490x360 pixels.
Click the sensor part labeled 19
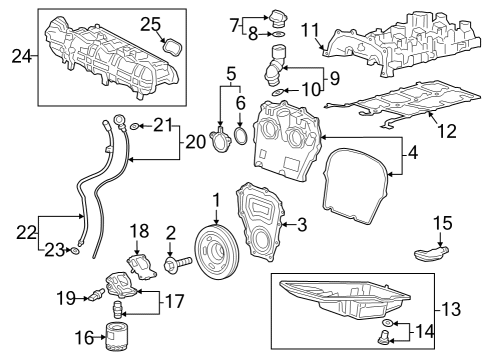[x=96, y=294]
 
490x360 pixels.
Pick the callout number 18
[x=139, y=231]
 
